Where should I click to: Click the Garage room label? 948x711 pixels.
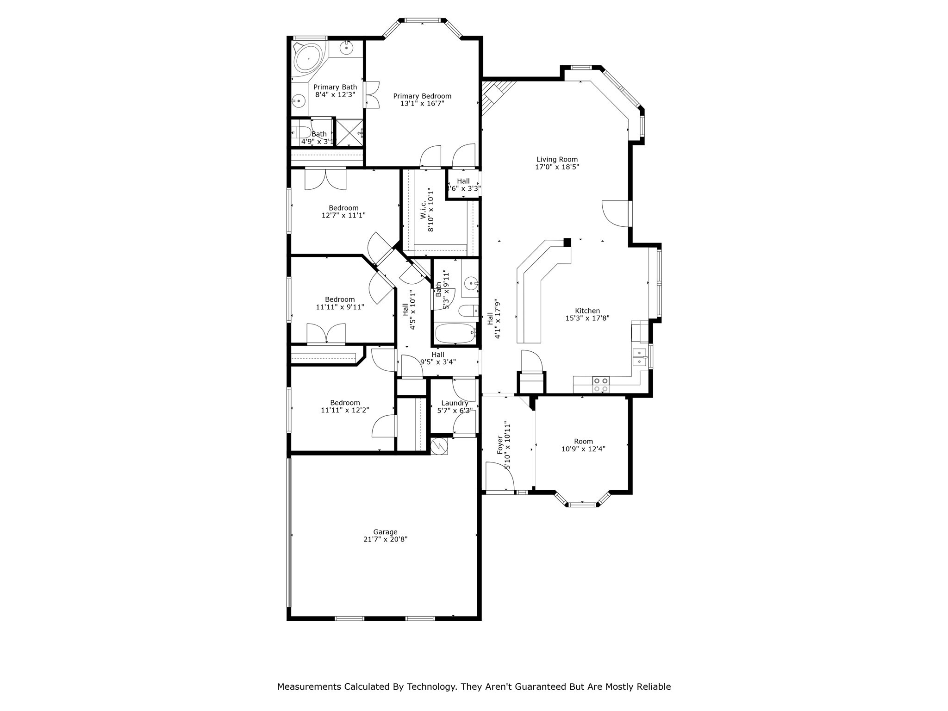point(385,532)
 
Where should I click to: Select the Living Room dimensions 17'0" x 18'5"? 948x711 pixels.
point(557,167)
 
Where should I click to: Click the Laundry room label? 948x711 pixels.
point(455,403)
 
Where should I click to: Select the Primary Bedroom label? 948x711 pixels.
point(422,96)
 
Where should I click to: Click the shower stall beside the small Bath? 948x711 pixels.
point(349,132)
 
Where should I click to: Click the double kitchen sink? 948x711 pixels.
point(640,357)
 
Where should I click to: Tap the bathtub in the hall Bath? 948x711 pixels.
point(455,333)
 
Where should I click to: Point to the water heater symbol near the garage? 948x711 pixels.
point(439,446)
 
